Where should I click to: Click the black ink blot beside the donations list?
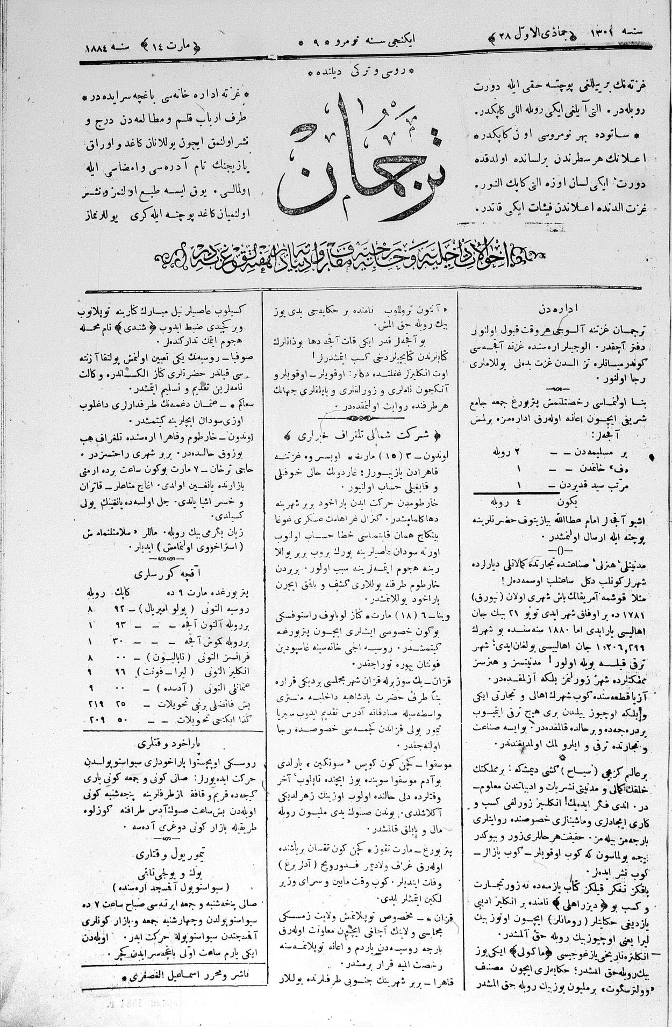(652, 457)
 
